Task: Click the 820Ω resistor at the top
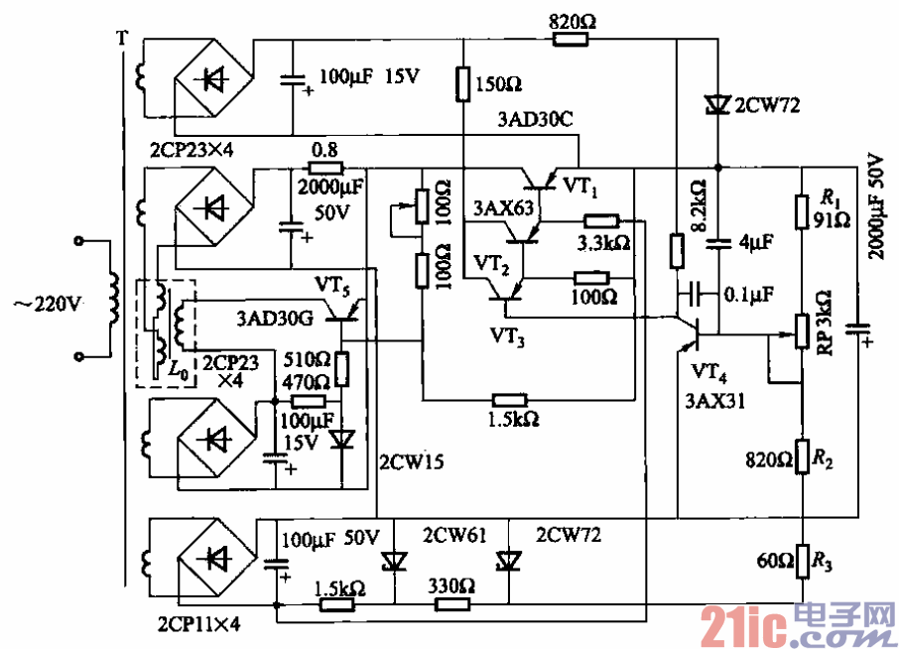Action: (571, 40)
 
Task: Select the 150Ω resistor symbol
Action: (462, 84)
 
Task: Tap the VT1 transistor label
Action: (580, 185)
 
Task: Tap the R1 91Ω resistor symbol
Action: (802, 211)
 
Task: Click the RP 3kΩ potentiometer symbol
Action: (802, 332)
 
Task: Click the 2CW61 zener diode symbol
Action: (393, 562)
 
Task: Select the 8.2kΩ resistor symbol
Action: (676, 251)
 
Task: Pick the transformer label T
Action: (122, 40)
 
